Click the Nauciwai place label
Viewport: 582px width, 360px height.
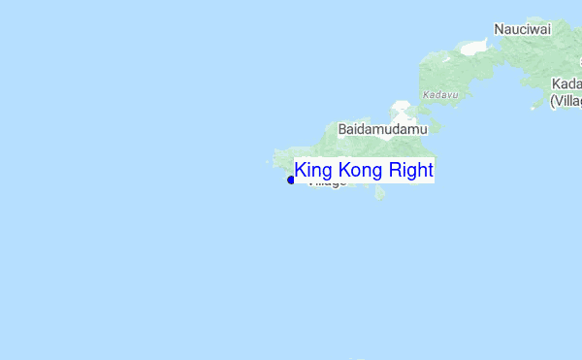tap(522, 29)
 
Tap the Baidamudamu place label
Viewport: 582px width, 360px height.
tap(382, 128)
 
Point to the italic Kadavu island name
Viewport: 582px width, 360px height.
tap(440, 95)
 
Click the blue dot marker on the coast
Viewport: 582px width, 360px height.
tap(291, 180)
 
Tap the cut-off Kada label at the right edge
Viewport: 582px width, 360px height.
tap(566, 83)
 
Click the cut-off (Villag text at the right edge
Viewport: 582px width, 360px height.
tap(566, 100)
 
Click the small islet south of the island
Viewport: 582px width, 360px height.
tap(380, 194)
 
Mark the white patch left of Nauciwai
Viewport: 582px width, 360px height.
tap(474, 47)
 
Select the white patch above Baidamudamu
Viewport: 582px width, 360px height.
tap(401, 109)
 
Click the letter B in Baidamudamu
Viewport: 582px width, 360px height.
tap(342, 128)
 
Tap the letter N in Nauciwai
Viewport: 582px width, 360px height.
tap(499, 29)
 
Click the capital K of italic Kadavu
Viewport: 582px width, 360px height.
tap(427, 95)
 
